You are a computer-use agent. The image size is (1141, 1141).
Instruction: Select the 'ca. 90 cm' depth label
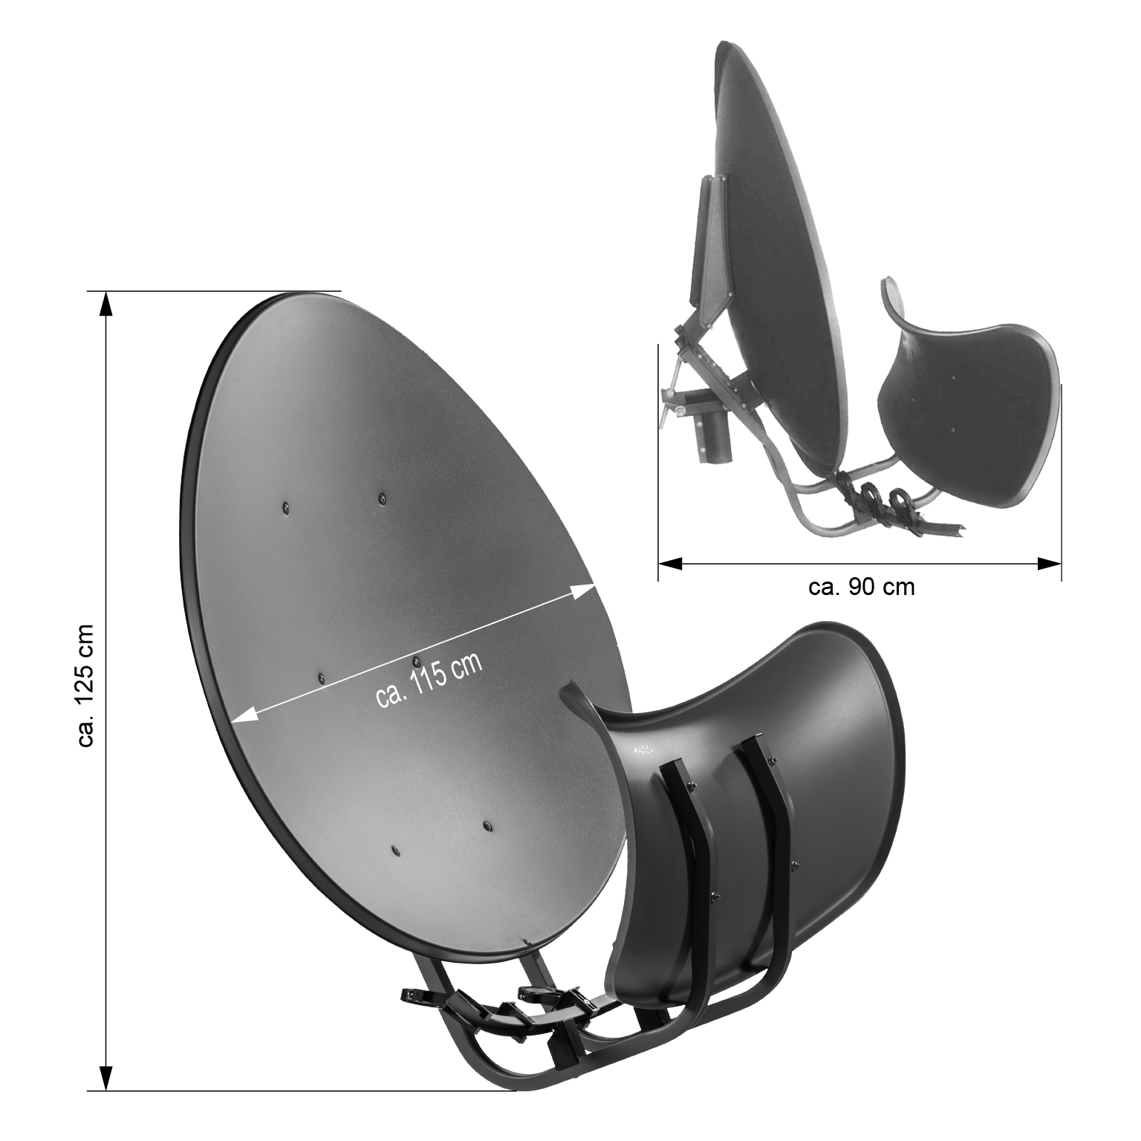coord(861,587)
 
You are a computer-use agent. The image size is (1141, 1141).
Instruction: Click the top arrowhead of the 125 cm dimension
coord(106,303)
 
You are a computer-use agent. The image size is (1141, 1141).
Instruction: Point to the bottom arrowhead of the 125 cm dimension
coord(106,1077)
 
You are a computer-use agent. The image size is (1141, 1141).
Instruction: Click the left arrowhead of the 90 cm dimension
coord(671,564)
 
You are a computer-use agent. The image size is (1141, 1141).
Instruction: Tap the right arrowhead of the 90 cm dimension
coord(1049,564)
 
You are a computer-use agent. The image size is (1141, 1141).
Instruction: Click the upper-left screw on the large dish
coord(286,508)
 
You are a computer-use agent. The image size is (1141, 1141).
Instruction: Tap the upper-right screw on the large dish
coord(382,498)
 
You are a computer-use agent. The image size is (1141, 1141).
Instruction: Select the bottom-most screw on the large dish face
coord(394,849)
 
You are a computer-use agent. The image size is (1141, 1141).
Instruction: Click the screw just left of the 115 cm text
coord(321,677)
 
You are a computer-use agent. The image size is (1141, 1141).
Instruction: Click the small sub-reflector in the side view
coord(966,401)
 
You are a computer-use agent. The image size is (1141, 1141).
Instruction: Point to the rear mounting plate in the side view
coord(712,238)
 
